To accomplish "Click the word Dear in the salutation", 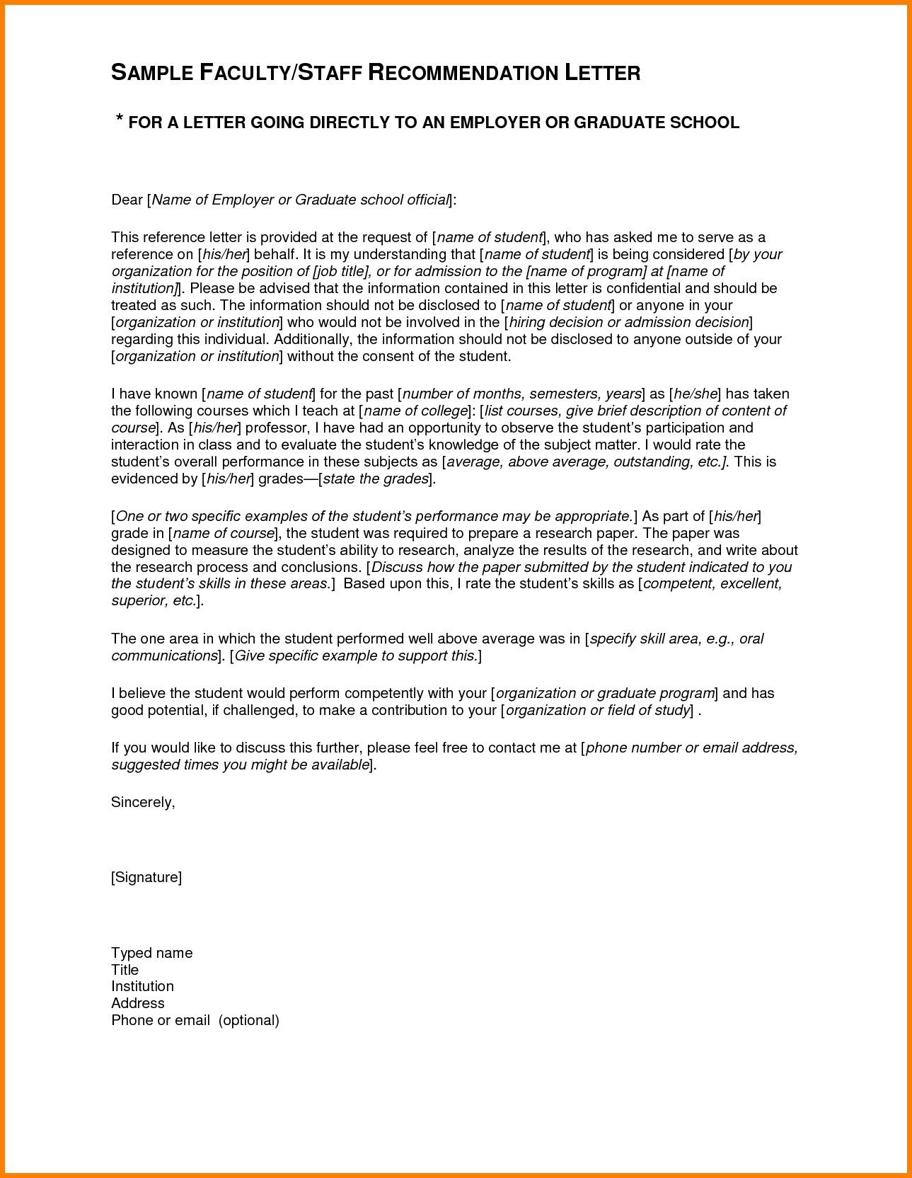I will click(127, 200).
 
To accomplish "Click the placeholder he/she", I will click(696, 394).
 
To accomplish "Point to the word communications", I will click(163, 656).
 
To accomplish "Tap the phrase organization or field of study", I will click(597, 710).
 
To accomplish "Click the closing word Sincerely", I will click(142, 802).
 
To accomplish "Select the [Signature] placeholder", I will click(146, 878).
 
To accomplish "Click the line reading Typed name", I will click(151, 953).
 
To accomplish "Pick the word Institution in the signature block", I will click(142, 986).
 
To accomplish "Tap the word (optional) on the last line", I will click(249, 1020).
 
